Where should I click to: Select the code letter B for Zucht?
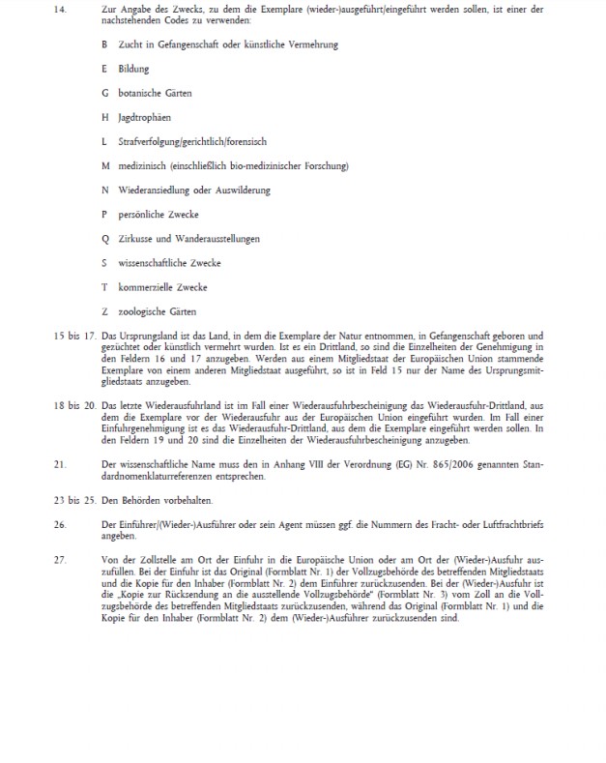click(104, 44)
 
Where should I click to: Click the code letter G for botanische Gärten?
click(104, 93)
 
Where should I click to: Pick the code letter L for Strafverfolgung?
click(104, 141)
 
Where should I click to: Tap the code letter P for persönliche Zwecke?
click(104, 214)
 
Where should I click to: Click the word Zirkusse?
click(135, 238)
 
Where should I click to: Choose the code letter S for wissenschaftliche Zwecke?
click(104, 262)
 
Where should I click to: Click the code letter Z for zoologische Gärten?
click(104, 311)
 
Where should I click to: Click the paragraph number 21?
click(57, 464)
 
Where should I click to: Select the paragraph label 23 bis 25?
click(72, 499)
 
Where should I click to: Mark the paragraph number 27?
click(57, 558)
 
